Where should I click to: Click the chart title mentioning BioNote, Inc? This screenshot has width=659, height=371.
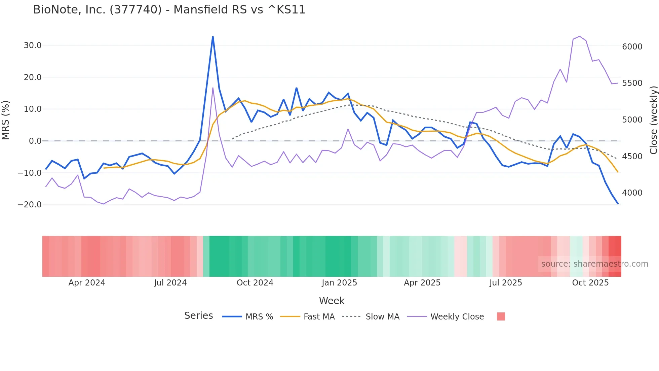click(169, 10)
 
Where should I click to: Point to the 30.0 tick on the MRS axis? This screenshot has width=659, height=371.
click(33, 45)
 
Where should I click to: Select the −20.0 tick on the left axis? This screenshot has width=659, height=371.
click(30, 205)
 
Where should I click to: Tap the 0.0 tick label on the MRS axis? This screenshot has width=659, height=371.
click(35, 141)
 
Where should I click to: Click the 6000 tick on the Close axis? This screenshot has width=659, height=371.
click(632, 47)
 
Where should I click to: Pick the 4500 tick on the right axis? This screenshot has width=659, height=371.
click(632, 157)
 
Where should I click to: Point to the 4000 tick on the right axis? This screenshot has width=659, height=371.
click(632, 193)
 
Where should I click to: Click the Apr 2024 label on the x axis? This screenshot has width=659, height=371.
click(87, 283)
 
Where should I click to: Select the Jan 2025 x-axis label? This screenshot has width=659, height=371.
click(339, 283)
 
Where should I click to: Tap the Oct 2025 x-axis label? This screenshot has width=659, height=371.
click(590, 283)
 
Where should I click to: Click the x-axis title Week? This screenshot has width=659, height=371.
click(332, 301)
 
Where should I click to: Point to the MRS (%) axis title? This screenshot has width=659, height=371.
click(6, 120)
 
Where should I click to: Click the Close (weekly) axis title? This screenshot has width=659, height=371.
click(653, 120)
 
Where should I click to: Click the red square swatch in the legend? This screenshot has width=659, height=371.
click(501, 316)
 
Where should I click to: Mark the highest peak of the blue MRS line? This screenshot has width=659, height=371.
click(213, 37)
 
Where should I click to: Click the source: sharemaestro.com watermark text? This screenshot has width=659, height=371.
click(594, 264)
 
